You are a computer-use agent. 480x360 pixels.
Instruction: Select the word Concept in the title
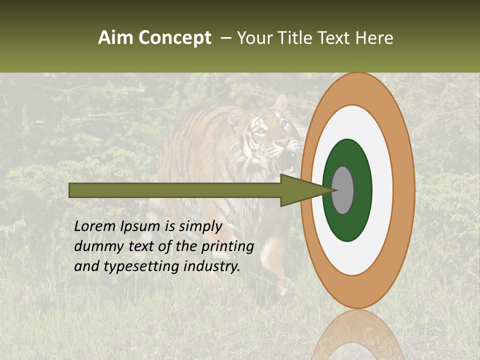click(174, 38)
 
